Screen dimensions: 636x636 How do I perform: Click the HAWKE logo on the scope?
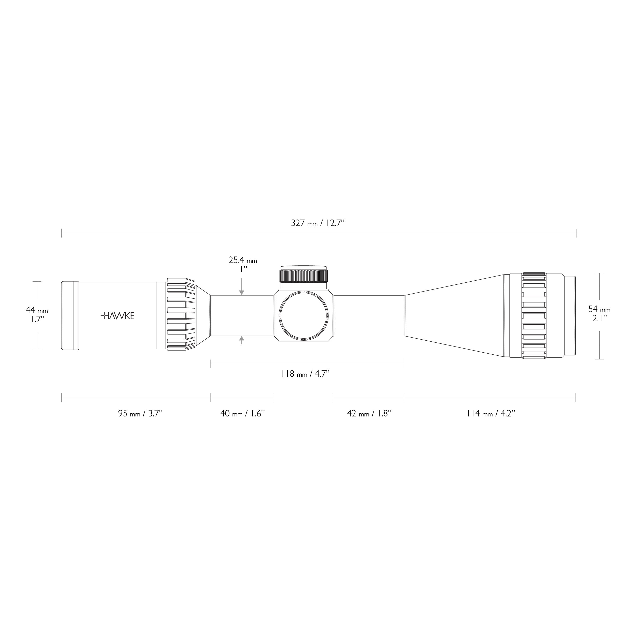(x=118, y=316)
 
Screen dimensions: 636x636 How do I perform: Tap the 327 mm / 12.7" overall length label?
(x=318, y=223)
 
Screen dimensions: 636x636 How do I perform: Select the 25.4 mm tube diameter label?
(x=243, y=261)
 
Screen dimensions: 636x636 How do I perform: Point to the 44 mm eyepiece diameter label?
(x=37, y=310)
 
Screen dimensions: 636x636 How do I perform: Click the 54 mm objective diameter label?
(x=599, y=309)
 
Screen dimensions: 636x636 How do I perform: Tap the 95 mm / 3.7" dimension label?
(x=140, y=413)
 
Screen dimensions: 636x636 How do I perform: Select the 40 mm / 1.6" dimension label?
(x=243, y=413)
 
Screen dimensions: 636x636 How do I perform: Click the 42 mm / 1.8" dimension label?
(x=369, y=413)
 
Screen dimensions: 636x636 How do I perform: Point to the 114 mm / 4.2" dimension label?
(x=490, y=413)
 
